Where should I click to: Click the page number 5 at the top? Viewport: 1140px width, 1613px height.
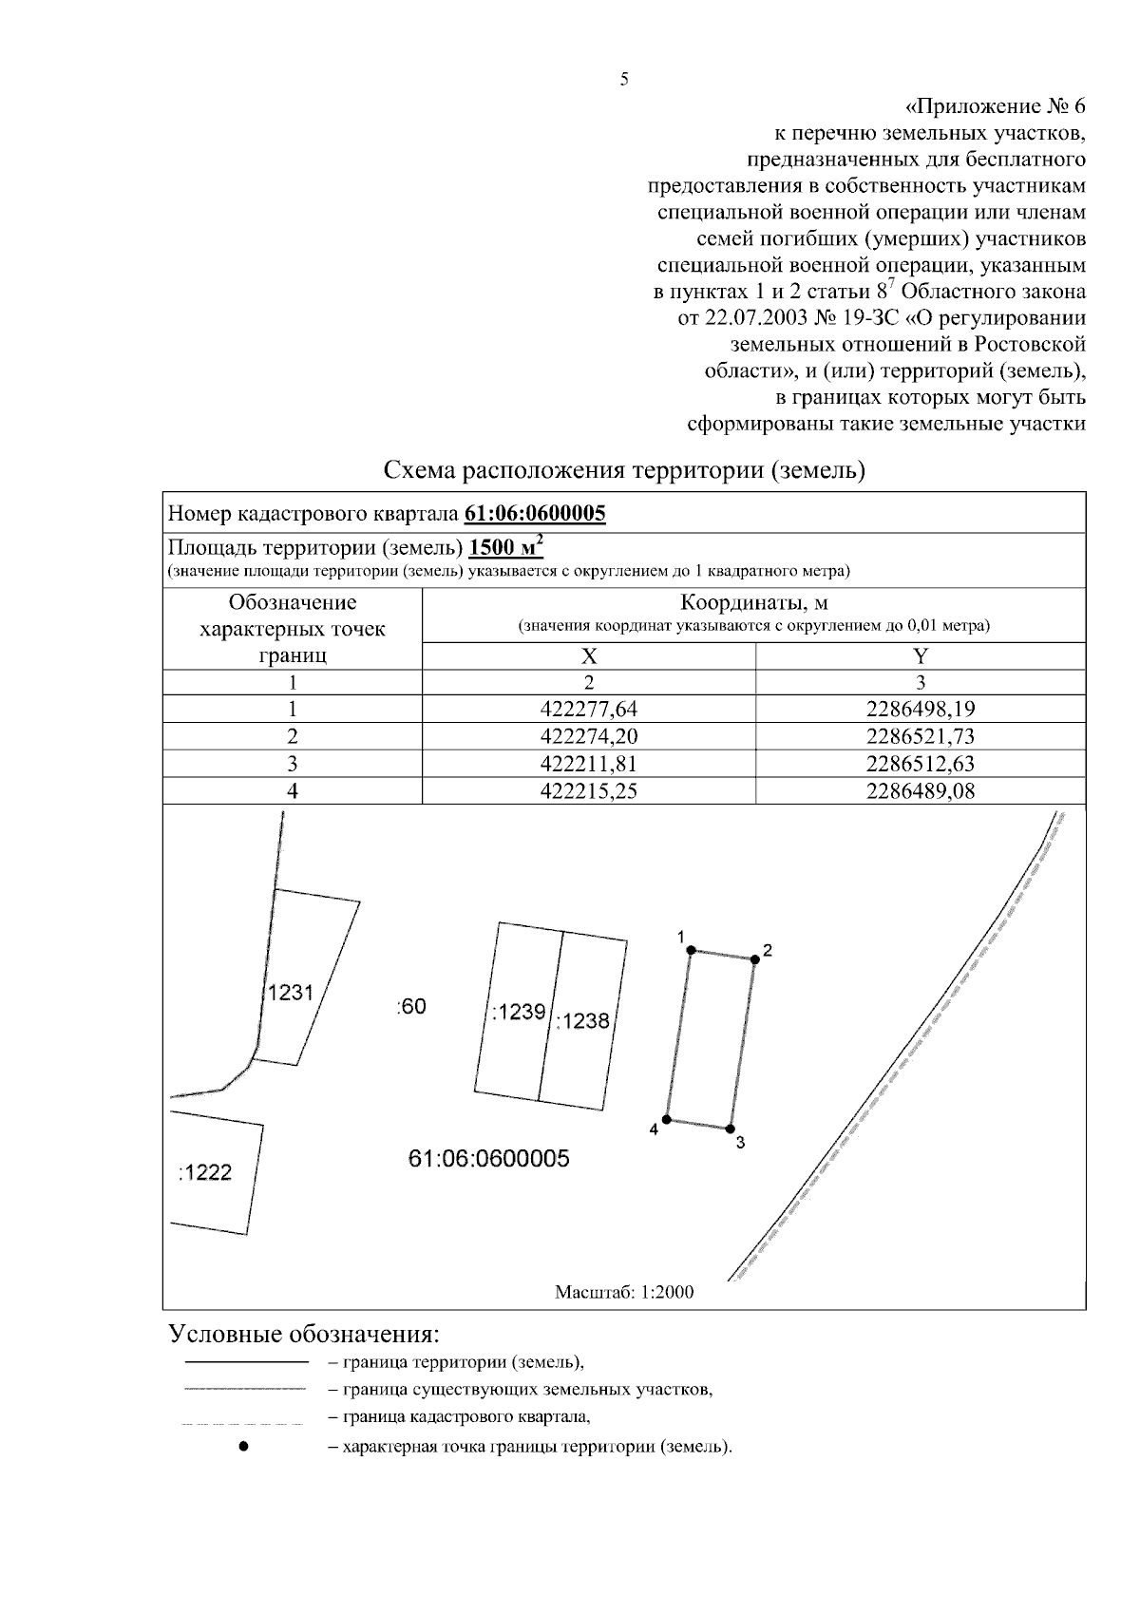pyautogui.click(x=624, y=80)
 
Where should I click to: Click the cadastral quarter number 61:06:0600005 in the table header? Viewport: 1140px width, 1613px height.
pyautogui.click(x=535, y=514)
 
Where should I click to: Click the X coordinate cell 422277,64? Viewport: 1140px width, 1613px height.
pyautogui.click(x=588, y=709)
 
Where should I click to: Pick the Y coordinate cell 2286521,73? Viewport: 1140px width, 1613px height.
pyautogui.click(x=921, y=736)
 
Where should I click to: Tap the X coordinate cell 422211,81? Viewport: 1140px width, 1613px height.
pyautogui.click(x=588, y=764)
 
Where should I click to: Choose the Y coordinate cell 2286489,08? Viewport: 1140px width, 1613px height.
pyautogui.click(x=921, y=791)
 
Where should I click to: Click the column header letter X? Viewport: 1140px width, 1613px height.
pyautogui.click(x=588, y=655)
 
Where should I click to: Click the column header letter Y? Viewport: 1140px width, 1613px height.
pyautogui.click(x=921, y=655)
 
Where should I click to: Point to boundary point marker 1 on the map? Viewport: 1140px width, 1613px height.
pyautogui.click(x=692, y=950)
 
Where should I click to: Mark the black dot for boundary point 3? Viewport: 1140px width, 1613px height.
pyautogui.click(x=730, y=1129)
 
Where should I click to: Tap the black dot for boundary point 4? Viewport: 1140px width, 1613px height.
pyautogui.click(x=667, y=1120)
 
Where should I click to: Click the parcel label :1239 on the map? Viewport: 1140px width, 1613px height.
pyautogui.click(x=518, y=1013)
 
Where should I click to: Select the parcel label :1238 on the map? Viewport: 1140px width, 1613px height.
pyautogui.click(x=581, y=1022)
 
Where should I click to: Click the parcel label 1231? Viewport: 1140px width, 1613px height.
pyautogui.click(x=290, y=994)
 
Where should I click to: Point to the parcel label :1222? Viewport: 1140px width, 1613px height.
pyautogui.click(x=204, y=1173)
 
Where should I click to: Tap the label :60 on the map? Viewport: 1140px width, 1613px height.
pyautogui.click(x=410, y=1007)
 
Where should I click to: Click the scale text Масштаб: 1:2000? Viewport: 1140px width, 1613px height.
pyautogui.click(x=624, y=1292)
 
